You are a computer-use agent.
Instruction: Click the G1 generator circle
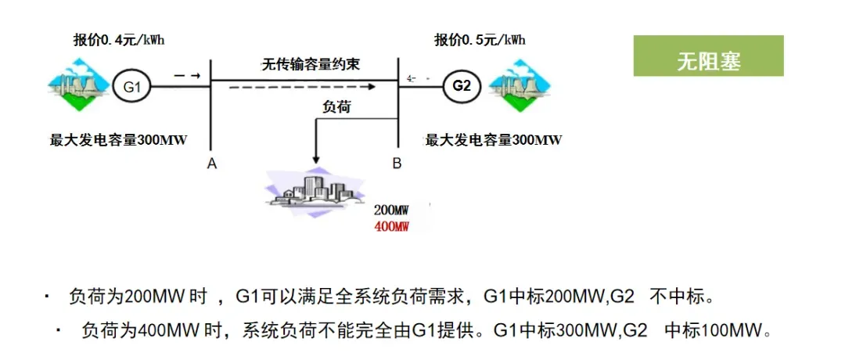coord(131,87)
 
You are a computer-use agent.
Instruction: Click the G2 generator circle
coord(462,85)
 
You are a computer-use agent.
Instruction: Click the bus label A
coord(211,164)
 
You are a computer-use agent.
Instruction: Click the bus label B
coord(397,164)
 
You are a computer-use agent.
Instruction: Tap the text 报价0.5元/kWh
coord(480,39)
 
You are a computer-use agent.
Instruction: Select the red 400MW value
coord(391,226)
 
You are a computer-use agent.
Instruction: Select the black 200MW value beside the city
coord(391,211)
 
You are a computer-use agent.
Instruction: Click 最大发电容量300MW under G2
coord(493,140)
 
